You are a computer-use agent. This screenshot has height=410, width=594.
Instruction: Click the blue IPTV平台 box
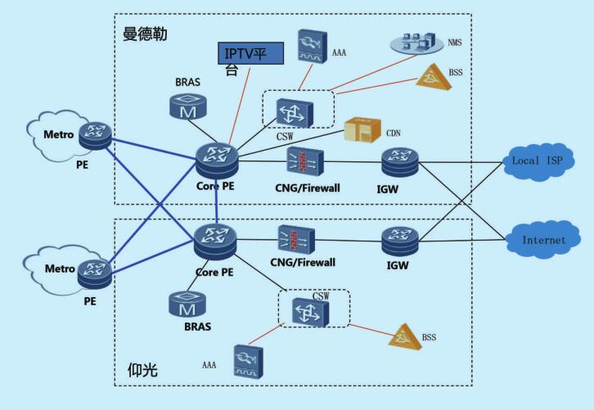[251, 54]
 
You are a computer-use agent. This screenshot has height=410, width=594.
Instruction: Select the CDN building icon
[361, 131]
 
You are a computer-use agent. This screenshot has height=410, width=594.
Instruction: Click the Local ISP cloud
[537, 160]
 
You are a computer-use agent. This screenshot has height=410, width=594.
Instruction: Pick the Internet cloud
[544, 240]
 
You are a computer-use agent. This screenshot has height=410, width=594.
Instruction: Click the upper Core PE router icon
[217, 160]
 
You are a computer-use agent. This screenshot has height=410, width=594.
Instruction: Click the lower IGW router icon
[400, 240]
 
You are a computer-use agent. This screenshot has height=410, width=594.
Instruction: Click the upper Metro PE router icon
[97, 136]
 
